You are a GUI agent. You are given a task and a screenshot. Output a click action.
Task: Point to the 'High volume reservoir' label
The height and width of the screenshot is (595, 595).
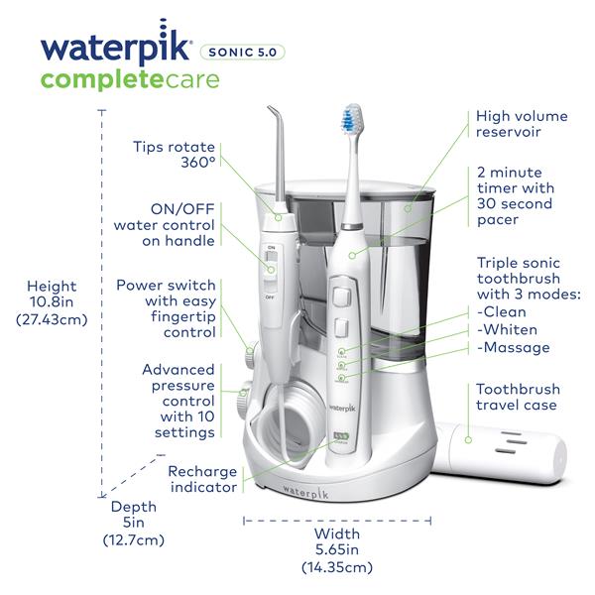(x=522, y=126)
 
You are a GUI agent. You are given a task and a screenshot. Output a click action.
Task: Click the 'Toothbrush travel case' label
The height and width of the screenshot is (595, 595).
(x=518, y=397)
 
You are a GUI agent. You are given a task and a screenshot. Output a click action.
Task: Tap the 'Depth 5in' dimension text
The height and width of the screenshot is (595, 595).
(x=133, y=523)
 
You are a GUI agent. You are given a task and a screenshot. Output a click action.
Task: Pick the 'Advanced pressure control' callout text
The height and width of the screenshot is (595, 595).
(x=178, y=401)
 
